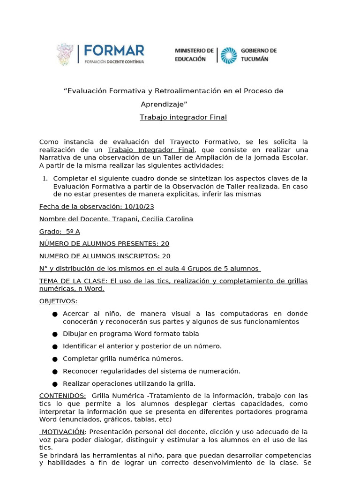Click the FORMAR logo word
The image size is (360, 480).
pyautogui.click(x=114, y=50)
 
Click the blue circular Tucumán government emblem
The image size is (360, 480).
pyautogui.click(x=228, y=54)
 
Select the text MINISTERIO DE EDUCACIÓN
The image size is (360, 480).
pyautogui.click(x=194, y=54)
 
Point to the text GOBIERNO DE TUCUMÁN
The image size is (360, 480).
pyautogui.click(x=258, y=54)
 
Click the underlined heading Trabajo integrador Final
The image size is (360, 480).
pyautogui.click(x=183, y=117)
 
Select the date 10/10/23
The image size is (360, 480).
pyautogui.click(x=140, y=206)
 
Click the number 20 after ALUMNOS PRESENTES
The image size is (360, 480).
pyautogui.click(x=165, y=244)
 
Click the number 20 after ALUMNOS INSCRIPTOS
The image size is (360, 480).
pyautogui.click(x=166, y=256)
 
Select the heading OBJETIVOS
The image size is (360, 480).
pyautogui.click(x=58, y=301)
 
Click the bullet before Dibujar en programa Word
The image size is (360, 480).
pyautogui.click(x=55, y=334)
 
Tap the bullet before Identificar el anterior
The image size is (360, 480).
pyautogui.click(x=55, y=346)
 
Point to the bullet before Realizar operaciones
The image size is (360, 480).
pyautogui.click(x=55, y=384)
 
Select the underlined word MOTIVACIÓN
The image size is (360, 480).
pyautogui.click(x=63, y=431)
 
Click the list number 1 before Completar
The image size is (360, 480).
pyautogui.click(x=45, y=179)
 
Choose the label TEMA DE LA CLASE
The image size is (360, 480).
pyautogui.click(x=73, y=281)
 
